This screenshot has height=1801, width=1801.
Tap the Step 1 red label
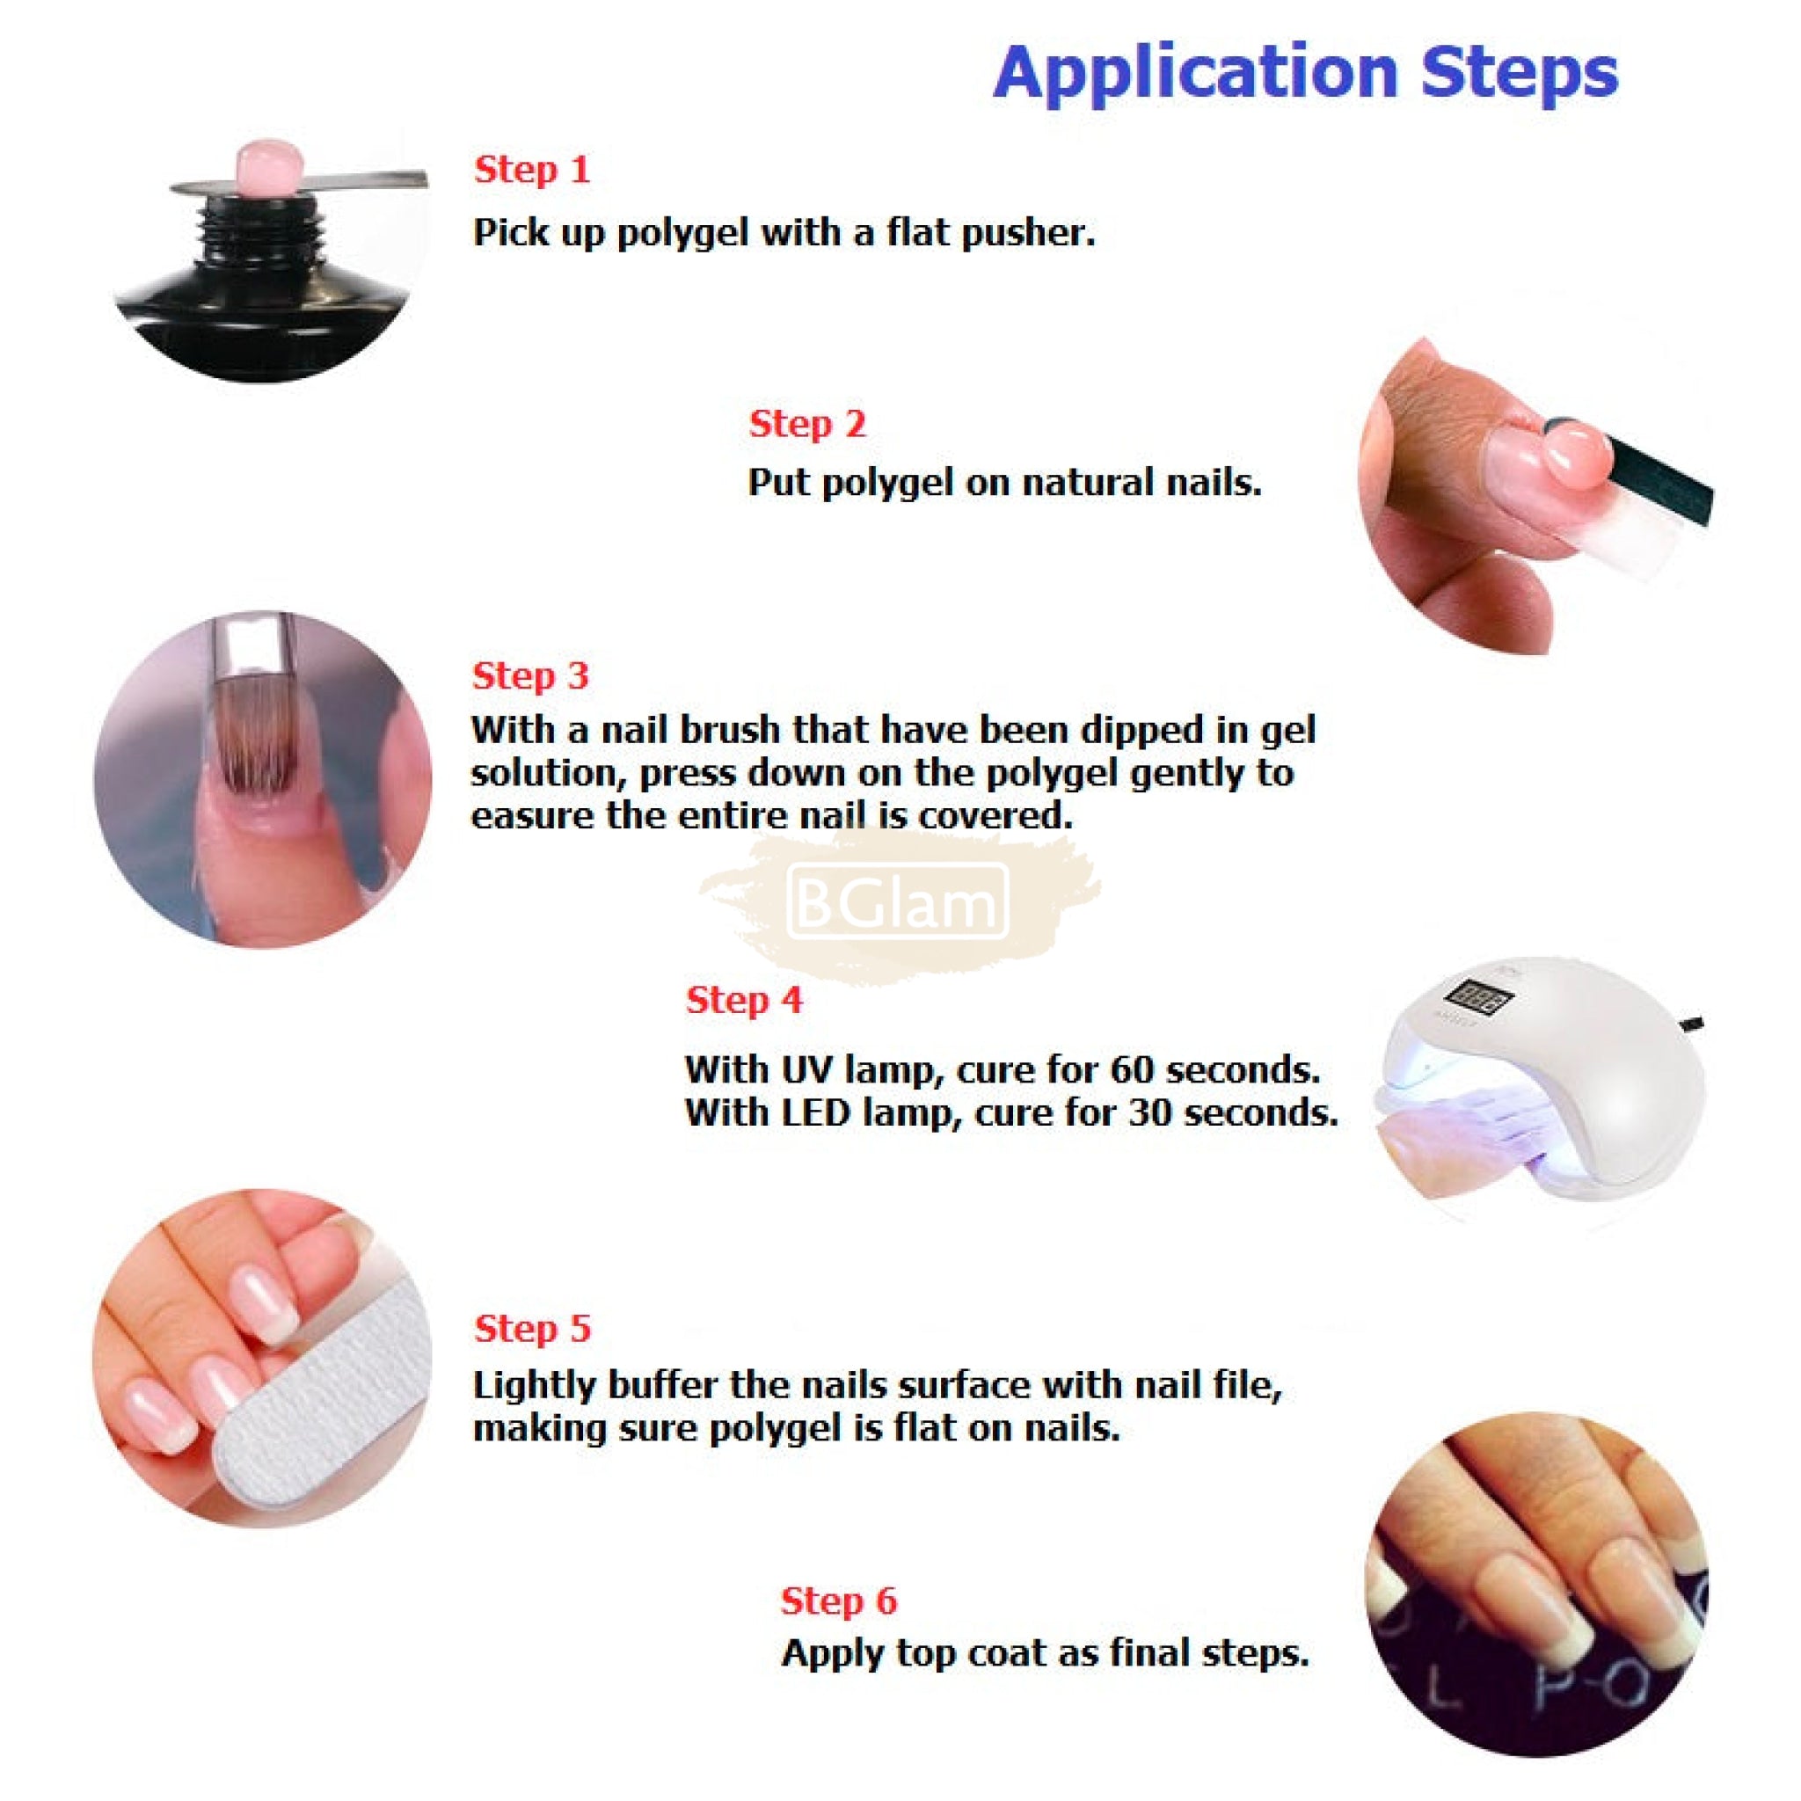(x=532, y=170)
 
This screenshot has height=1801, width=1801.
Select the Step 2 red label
(x=807, y=424)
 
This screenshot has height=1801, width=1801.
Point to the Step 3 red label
(x=530, y=676)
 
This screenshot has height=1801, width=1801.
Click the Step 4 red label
(x=744, y=1000)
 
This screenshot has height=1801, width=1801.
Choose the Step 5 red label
(x=532, y=1329)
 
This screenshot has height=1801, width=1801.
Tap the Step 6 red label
(x=839, y=1600)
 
